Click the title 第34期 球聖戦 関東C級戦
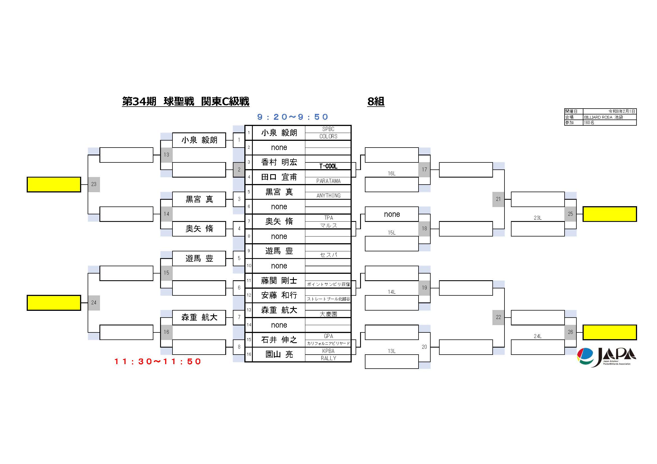click(x=186, y=102)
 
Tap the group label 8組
click(x=376, y=102)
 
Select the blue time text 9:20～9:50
click(x=292, y=117)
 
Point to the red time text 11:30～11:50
click(x=158, y=361)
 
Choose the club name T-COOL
click(x=328, y=166)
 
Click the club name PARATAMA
click(x=328, y=181)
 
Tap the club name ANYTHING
click(x=328, y=196)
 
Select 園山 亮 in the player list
click(x=279, y=354)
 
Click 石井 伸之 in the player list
click(x=279, y=339)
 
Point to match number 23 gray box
click(x=94, y=184)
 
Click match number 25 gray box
click(x=570, y=214)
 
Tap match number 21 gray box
click(x=498, y=199)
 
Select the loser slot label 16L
click(x=392, y=173)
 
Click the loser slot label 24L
click(x=537, y=336)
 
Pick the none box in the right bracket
click(x=392, y=214)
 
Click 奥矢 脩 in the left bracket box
click(x=199, y=229)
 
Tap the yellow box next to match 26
click(x=610, y=332)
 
